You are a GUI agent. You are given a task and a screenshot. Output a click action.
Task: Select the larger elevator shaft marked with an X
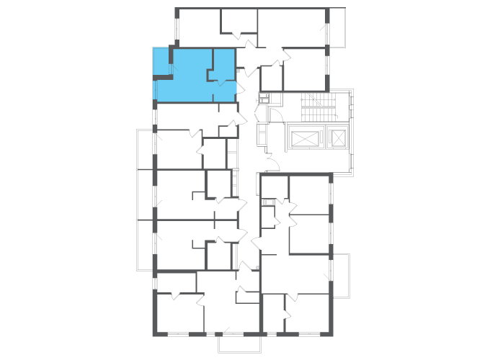(x=303, y=137)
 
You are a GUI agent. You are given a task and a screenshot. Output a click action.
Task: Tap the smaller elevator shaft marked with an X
(x=337, y=137)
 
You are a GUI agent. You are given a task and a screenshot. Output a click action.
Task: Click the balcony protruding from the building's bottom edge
(x=239, y=344)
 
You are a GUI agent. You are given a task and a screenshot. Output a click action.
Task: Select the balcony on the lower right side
(x=339, y=276)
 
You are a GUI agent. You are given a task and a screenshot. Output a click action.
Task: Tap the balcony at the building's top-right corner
(x=337, y=27)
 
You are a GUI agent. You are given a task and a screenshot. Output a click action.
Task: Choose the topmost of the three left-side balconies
(x=145, y=149)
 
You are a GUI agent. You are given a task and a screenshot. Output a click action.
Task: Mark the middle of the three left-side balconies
(x=145, y=194)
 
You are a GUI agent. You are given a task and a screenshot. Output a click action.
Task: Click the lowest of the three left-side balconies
(x=145, y=245)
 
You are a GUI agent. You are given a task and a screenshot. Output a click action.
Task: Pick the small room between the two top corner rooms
(x=239, y=22)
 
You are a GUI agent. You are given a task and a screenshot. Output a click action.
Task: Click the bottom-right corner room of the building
(x=309, y=314)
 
